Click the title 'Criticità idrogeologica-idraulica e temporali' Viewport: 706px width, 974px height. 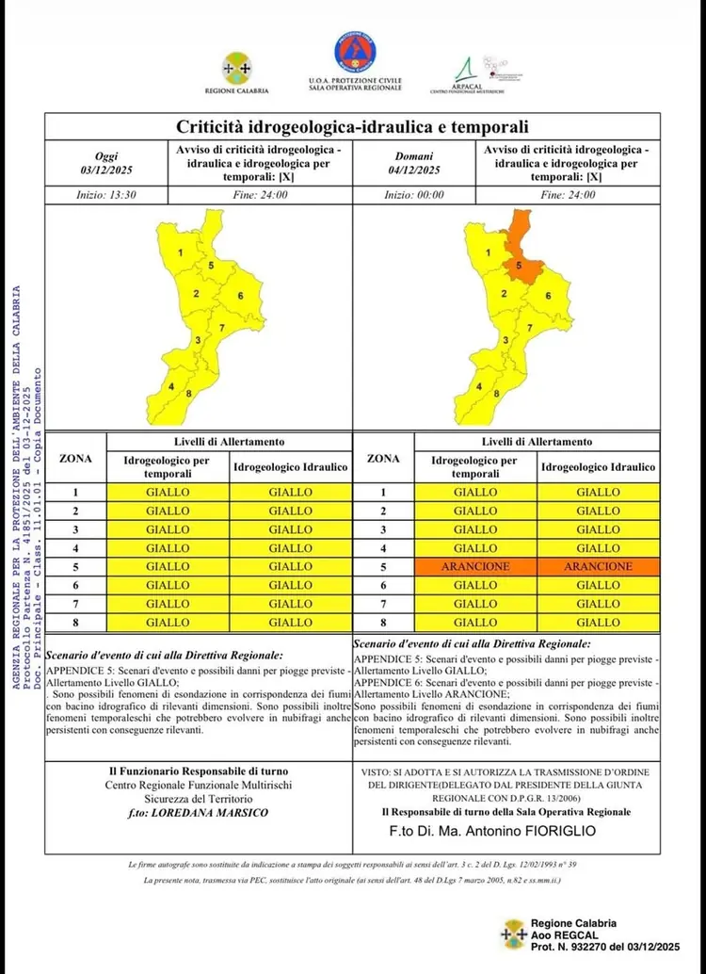pos(353,126)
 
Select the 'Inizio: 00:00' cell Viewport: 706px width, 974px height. pos(415,195)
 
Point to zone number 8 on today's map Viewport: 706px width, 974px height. pos(190,393)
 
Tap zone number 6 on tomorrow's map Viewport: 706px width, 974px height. pos(548,296)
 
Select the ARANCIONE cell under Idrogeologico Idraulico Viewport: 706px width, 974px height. pos(598,566)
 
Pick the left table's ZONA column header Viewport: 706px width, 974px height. pos(75,459)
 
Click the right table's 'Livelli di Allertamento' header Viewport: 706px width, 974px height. pos(538,441)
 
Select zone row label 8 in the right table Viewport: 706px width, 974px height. pos(383,622)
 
